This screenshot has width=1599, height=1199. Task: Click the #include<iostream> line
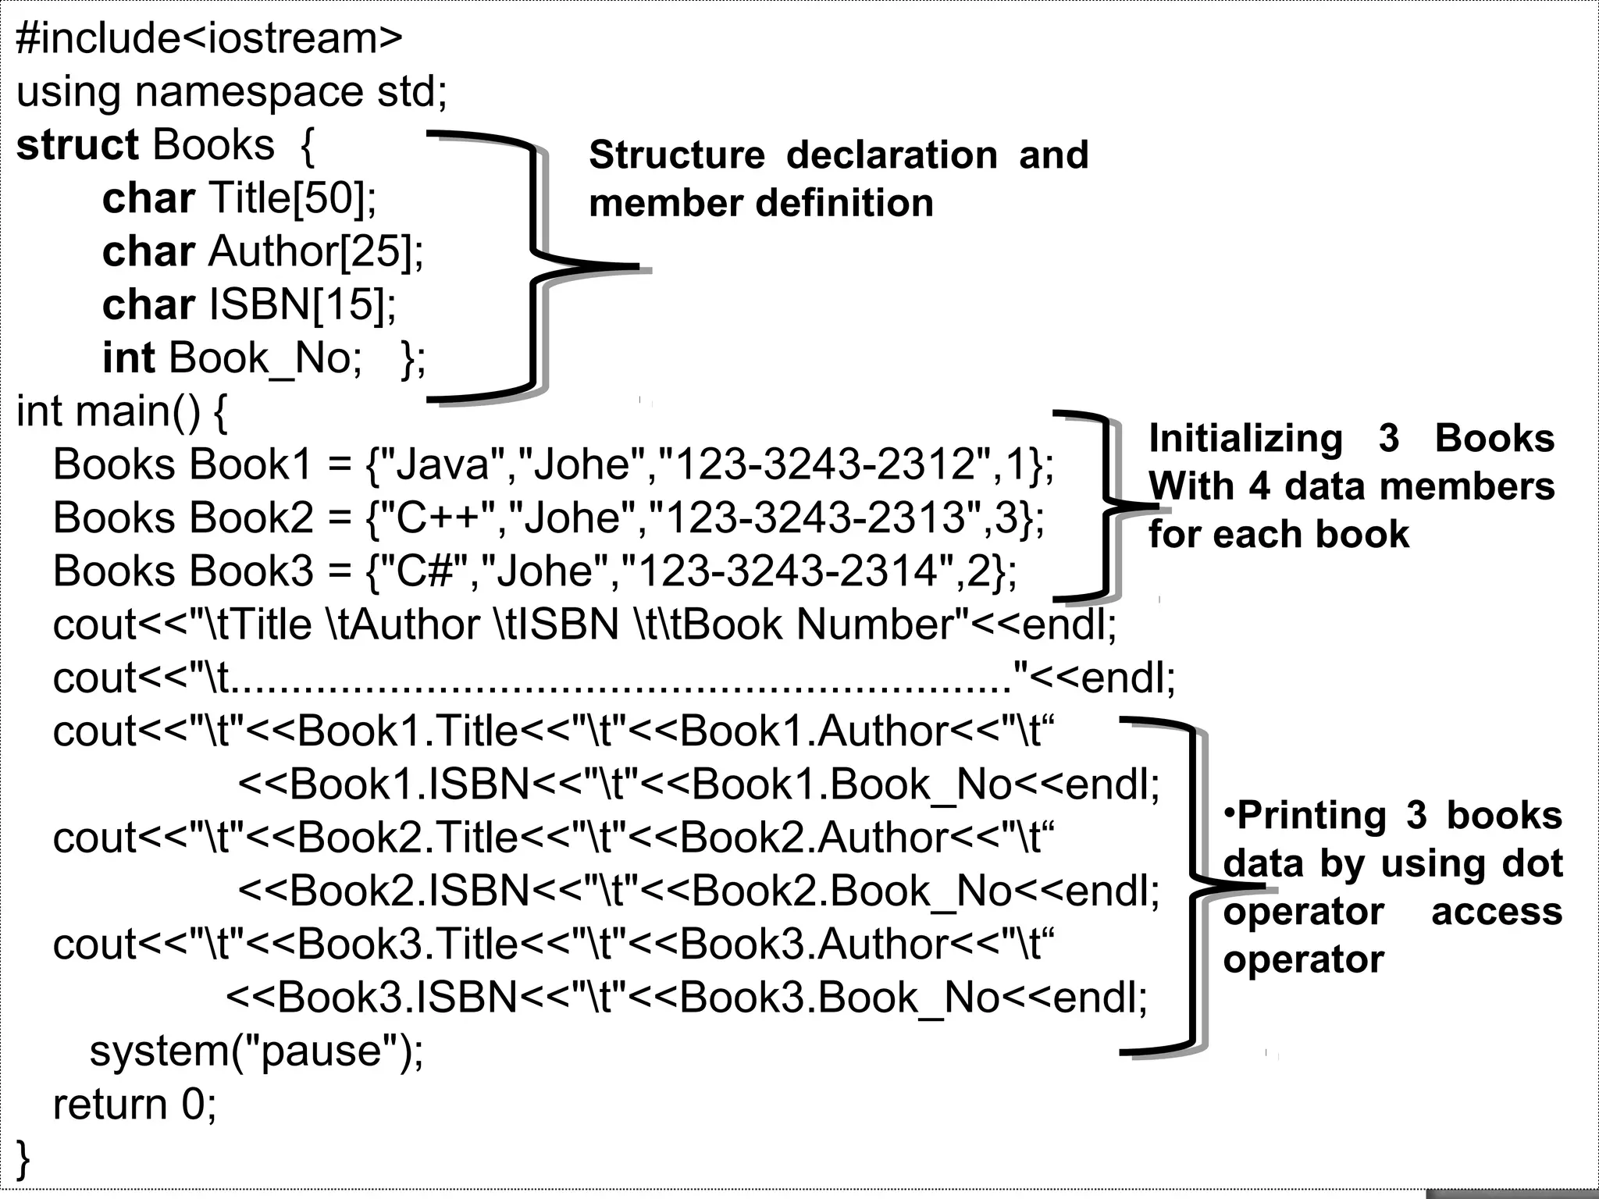[208, 39]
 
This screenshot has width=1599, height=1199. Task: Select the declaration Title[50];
[293, 198]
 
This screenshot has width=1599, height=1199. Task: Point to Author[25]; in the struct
[316, 252]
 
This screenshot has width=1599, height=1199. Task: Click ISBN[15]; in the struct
[303, 305]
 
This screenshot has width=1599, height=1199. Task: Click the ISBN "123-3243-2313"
[815, 518]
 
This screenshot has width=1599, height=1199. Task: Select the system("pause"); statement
[256, 1051]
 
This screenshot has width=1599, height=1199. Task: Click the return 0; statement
[134, 1105]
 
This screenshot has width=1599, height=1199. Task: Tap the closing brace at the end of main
[23, 1158]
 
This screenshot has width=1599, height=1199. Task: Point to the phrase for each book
[1279, 535]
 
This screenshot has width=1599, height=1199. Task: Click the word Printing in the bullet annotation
[1312, 816]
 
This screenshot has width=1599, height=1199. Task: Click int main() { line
[122, 411]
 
